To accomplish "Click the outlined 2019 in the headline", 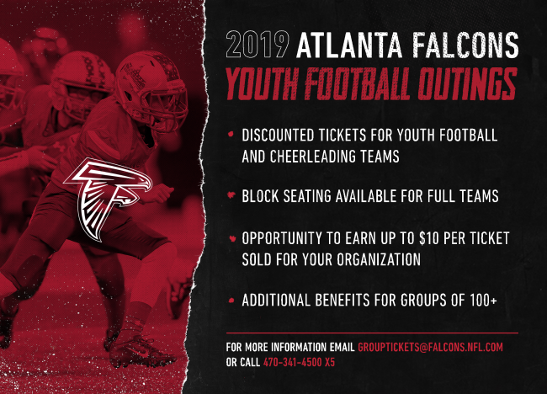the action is (258, 45).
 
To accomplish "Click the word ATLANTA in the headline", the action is (349, 45).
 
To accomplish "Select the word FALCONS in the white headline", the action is (465, 45).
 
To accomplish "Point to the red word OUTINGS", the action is (467, 84).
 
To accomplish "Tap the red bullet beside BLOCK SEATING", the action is (231, 195).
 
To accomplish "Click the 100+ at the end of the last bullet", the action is (483, 300).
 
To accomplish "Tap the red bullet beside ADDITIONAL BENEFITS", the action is (231, 300).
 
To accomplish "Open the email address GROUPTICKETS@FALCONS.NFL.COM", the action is (431, 347).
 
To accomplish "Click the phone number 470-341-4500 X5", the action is (299, 362).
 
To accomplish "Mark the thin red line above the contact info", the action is (372, 333).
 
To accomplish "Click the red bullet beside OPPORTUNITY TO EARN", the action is (232, 239).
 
